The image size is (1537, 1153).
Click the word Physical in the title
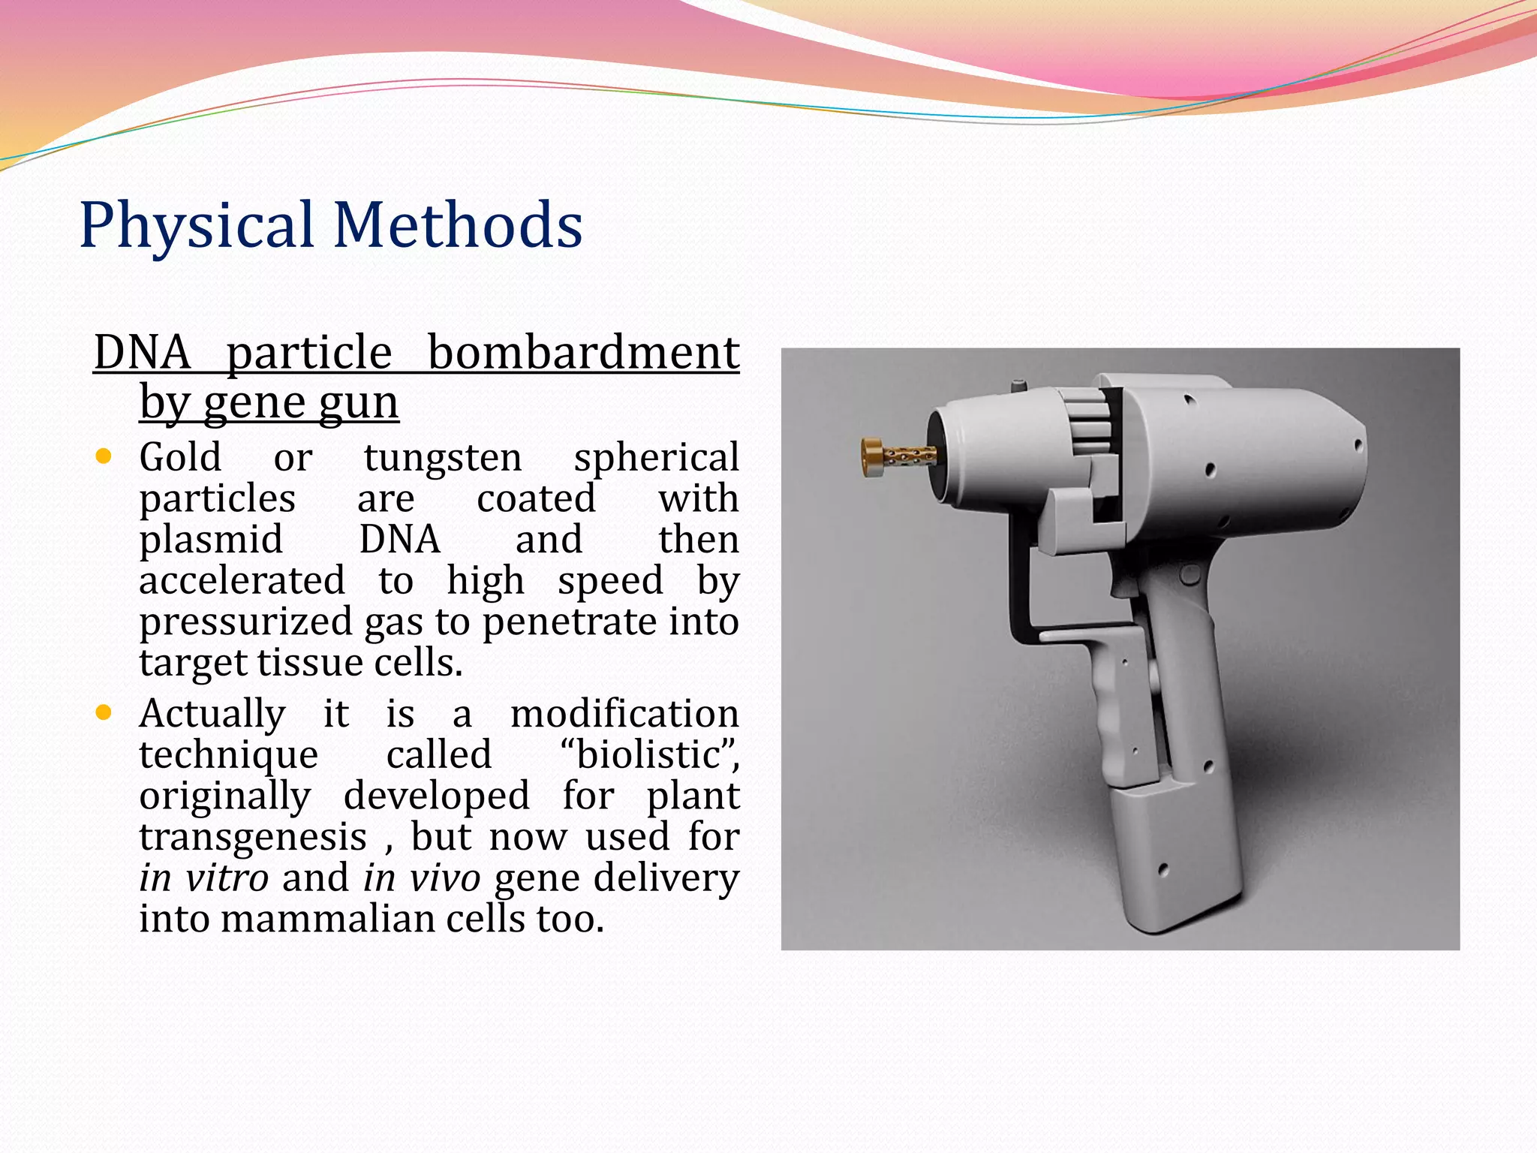tap(197, 226)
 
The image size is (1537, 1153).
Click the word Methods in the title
tap(458, 224)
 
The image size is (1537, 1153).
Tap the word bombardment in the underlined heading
tap(583, 353)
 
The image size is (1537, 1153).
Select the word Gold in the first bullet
tap(180, 457)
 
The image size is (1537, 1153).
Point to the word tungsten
tap(443, 459)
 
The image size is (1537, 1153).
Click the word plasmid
tap(211, 540)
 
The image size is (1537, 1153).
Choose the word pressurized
tap(245, 623)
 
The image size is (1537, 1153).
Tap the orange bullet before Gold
tap(104, 456)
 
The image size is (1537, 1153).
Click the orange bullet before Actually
tap(104, 712)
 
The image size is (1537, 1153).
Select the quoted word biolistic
tap(648, 754)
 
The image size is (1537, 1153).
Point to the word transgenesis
tap(253, 837)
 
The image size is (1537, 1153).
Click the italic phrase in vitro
tap(203, 878)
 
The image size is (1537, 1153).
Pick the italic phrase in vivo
tap(422, 878)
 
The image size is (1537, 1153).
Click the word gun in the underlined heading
tap(358, 403)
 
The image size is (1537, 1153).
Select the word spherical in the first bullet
tap(657, 459)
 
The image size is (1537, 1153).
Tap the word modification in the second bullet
tap(624, 713)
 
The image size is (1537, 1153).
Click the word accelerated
tap(242, 581)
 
